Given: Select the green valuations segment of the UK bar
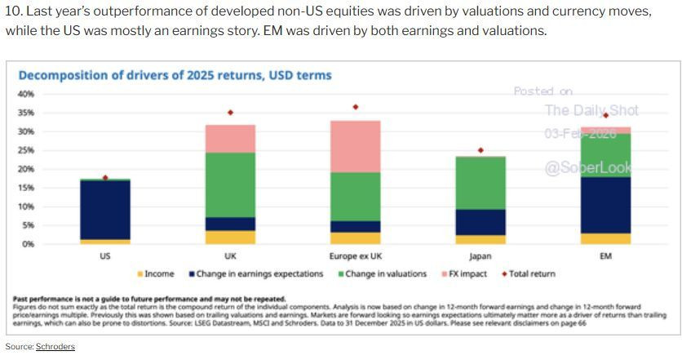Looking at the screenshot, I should (x=230, y=184).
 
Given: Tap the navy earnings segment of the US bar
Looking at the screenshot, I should (x=104, y=209).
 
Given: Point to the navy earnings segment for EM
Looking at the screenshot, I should (x=605, y=205).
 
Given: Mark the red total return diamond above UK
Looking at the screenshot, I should (x=230, y=113).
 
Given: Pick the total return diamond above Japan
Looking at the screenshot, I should (x=480, y=150).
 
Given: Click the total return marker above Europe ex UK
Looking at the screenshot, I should (x=355, y=107).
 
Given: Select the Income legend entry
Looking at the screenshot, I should (x=156, y=274).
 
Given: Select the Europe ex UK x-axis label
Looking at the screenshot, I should (x=355, y=256).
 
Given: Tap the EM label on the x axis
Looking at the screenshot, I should (x=605, y=256).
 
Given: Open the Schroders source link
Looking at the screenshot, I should (x=55, y=347).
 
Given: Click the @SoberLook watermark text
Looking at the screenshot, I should (x=588, y=169).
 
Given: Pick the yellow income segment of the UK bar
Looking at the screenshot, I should (x=230, y=237).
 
